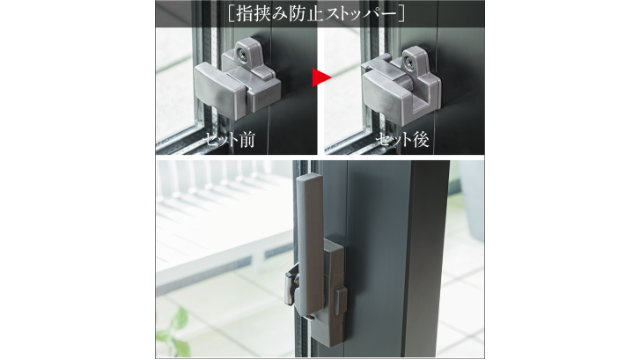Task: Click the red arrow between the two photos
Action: tap(320, 78)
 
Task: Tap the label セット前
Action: tap(229, 140)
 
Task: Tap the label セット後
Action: tap(402, 140)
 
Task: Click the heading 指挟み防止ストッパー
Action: tap(316, 13)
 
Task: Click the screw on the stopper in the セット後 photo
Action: tap(409, 62)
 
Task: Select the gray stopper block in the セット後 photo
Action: tap(402, 88)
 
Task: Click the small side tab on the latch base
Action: tap(341, 300)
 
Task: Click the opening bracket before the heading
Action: tap(231, 13)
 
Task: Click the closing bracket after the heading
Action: tap(401, 13)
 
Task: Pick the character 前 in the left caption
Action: tap(247, 140)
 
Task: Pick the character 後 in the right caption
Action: tap(420, 140)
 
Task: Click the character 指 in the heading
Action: tap(244, 14)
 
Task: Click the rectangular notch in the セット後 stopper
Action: tap(422, 101)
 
